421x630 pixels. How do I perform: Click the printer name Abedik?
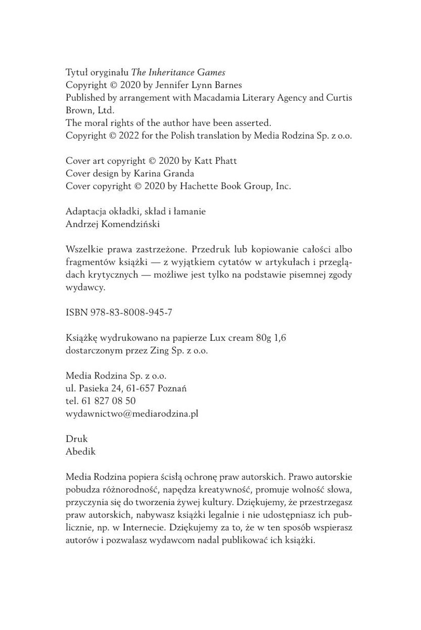pyautogui.click(x=78, y=451)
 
